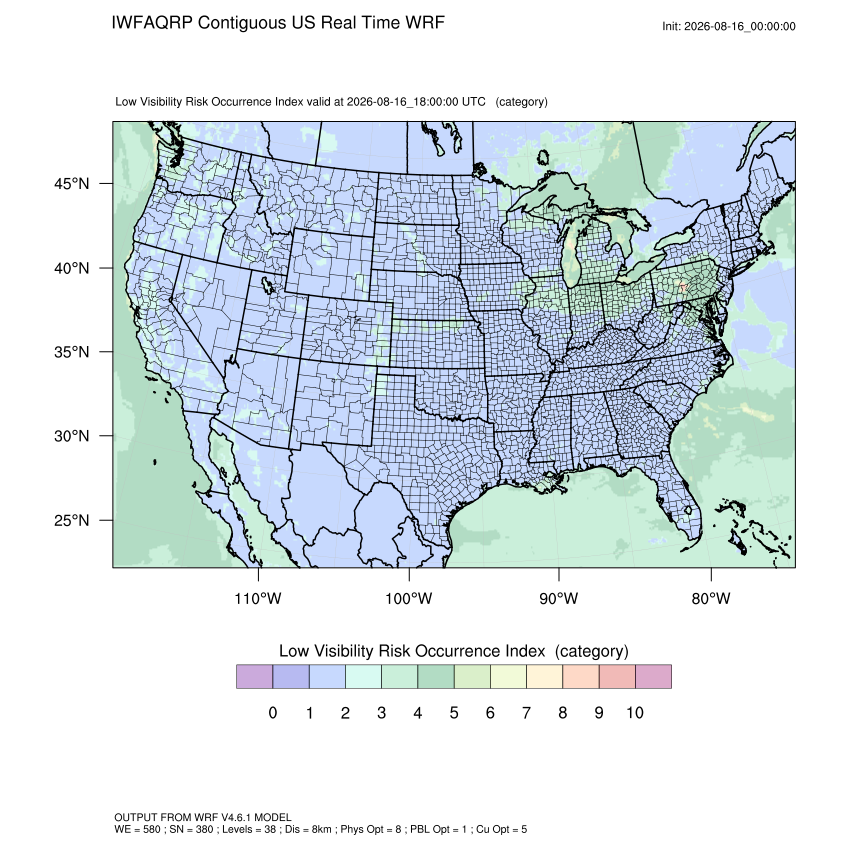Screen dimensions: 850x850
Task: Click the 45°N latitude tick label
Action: (x=72, y=184)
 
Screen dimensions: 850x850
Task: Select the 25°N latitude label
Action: (x=72, y=520)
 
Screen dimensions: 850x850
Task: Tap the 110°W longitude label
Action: (x=258, y=598)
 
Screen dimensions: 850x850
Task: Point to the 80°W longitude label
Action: (x=711, y=598)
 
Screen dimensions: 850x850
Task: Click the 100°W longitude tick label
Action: (x=409, y=598)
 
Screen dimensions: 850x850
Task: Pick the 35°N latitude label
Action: (x=72, y=352)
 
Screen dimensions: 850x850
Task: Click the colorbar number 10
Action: (x=635, y=713)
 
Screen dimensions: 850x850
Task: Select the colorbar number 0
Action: (x=273, y=713)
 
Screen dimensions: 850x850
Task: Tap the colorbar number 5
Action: (x=454, y=713)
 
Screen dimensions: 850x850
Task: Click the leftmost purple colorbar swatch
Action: (x=254, y=677)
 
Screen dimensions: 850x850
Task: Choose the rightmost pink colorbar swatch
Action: (x=653, y=677)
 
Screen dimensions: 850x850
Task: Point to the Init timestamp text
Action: (x=729, y=27)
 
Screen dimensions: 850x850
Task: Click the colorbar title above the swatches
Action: (x=454, y=651)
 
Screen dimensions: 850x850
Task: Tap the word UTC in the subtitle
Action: (x=474, y=102)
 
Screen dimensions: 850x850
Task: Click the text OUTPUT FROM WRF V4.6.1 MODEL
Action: (x=203, y=817)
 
